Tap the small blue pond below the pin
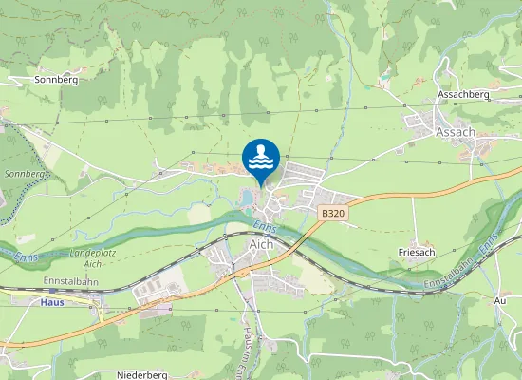(x=247, y=197)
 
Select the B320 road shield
(x=332, y=215)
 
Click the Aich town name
(x=260, y=244)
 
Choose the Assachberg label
(x=463, y=96)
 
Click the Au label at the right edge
(x=500, y=299)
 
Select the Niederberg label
(x=142, y=375)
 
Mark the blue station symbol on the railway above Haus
(x=98, y=294)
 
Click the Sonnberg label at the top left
(x=55, y=80)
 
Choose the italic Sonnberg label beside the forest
(x=26, y=175)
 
